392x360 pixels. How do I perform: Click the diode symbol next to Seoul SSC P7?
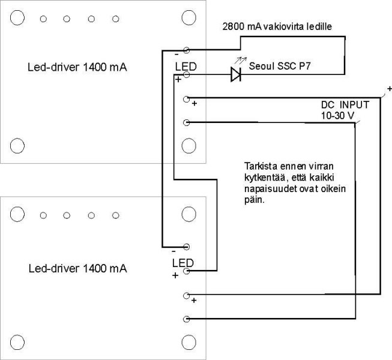[x=236, y=74]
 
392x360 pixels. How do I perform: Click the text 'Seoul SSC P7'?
[x=280, y=66]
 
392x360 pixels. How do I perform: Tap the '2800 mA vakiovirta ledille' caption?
[x=277, y=26]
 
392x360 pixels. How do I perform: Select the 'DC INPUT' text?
[x=345, y=104]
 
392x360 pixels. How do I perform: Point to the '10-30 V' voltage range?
[x=337, y=115]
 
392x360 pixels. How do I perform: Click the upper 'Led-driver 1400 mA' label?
[x=77, y=67]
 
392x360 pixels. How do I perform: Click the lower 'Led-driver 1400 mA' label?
[x=78, y=269]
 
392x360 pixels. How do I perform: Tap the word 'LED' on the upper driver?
[x=185, y=67]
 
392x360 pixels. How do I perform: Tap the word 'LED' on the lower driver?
[x=182, y=263]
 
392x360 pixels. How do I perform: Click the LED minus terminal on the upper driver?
[x=187, y=50]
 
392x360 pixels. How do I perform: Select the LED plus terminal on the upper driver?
[x=187, y=74]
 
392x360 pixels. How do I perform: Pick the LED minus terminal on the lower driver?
[x=187, y=247]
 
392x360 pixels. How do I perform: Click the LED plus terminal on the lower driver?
[x=187, y=271]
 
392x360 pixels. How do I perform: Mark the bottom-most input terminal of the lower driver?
[x=187, y=319]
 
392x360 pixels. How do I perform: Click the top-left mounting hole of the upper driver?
[x=17, y=18]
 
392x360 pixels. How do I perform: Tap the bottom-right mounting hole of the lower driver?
[x=188, y=342]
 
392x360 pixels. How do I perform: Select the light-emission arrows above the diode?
[x=241, y=61]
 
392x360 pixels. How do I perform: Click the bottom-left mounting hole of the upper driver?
[x=17, y=146]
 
